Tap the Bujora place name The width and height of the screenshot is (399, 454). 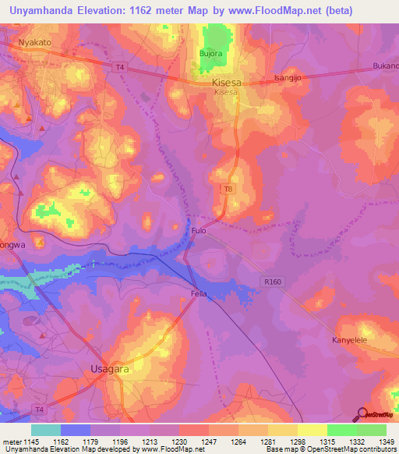click(x=211, y=54)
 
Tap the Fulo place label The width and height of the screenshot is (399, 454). click(x=199, y=231)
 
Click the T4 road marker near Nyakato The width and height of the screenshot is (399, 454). click(x=119, y=68)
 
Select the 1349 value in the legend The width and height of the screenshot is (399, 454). click(x=386, y=442)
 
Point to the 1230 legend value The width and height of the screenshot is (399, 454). click(x=179, y=442)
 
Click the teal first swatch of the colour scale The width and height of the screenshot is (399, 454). click(x=45, y=430)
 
